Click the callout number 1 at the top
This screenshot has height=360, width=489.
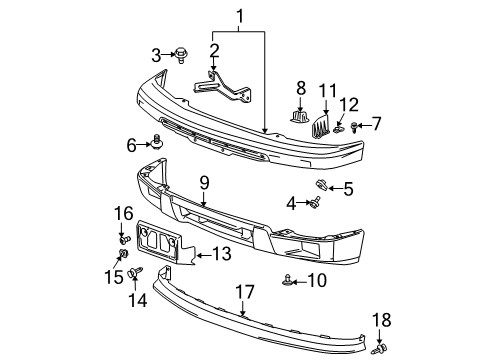tap(239, 16)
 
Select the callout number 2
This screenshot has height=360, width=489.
tap(214, 50)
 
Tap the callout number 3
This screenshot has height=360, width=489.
tap(156, 53)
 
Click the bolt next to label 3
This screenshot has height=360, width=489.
tap(183, 54)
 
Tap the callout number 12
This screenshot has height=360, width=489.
tap(349, 105)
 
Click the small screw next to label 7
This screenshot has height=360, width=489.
tap(355, 126)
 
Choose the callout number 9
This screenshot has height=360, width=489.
tap(203, 181)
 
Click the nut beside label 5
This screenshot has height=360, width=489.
tap(321, 184)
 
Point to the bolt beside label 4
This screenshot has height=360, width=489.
tap(316, 205)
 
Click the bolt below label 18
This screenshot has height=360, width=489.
tap(381, 350)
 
